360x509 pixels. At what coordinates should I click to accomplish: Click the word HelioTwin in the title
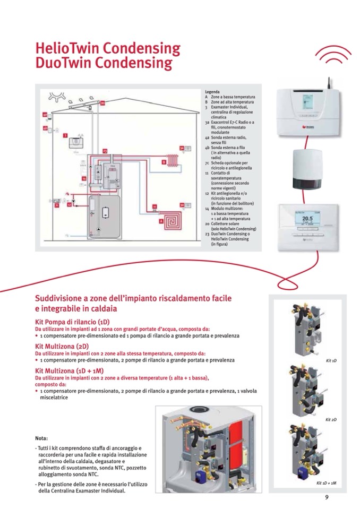click(x=67, y=49)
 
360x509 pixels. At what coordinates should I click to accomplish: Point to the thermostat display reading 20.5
click(x=307, y=219)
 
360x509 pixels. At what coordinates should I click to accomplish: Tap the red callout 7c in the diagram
click(x=57, y=205)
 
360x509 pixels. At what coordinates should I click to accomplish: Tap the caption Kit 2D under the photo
click(x=331, y=420)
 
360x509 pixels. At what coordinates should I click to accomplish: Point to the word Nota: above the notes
click(x=41, y=438)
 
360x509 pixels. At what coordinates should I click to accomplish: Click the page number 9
click(x=327, y=497)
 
